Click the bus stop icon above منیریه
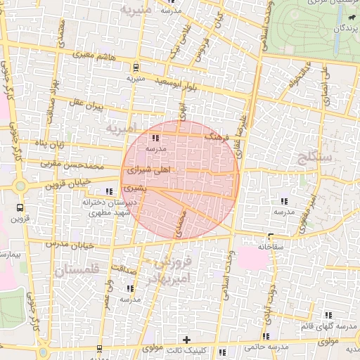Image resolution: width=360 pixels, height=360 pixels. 135,67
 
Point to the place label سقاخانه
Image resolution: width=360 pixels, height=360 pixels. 270,247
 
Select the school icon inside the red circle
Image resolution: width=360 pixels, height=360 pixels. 155,138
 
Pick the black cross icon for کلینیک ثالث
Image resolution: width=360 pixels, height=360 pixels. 186,339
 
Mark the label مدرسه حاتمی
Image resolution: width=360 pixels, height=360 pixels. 265,347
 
